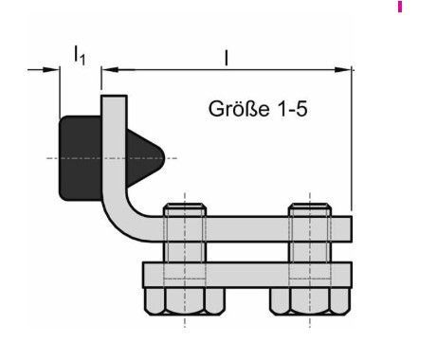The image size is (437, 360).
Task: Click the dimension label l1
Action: tap(80, 55)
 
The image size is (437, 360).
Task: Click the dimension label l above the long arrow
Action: tap(226, 58)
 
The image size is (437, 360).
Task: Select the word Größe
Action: tap(239, 109)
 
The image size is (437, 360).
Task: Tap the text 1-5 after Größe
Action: tap(293, 109)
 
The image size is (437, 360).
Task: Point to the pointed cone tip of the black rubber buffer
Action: tap(164, 158)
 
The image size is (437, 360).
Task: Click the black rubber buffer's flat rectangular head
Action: tap(81, 158)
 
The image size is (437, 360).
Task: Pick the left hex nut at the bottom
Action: tap(185, 301)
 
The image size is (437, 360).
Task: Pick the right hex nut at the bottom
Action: tap(310, 301)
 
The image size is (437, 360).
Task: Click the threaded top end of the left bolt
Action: tap(185, 210)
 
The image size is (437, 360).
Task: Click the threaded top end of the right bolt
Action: tap(310, 210)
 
